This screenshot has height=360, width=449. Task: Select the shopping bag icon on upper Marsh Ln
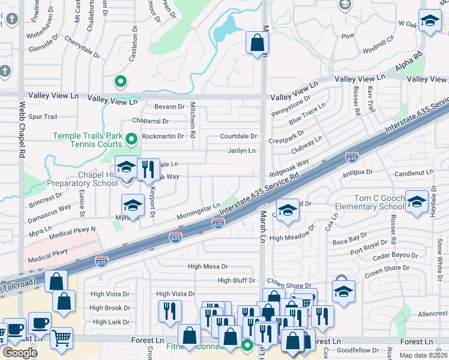pyautogui.click(x=256, y=43)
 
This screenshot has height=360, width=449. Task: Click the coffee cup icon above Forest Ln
pyautogui.click(x=40, y=323)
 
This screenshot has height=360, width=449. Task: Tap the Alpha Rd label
pyautogui.click(x=409, y=62)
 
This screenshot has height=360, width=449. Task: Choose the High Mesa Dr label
pyautogui.click(x=208, y=266)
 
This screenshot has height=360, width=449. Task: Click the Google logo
pyautogui.click(x=20, y=353)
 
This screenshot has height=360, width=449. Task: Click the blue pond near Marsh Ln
pyautogui.click(x=226, y=27)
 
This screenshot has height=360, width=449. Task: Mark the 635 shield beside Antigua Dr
pyautogui.click(x=352, y=157)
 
